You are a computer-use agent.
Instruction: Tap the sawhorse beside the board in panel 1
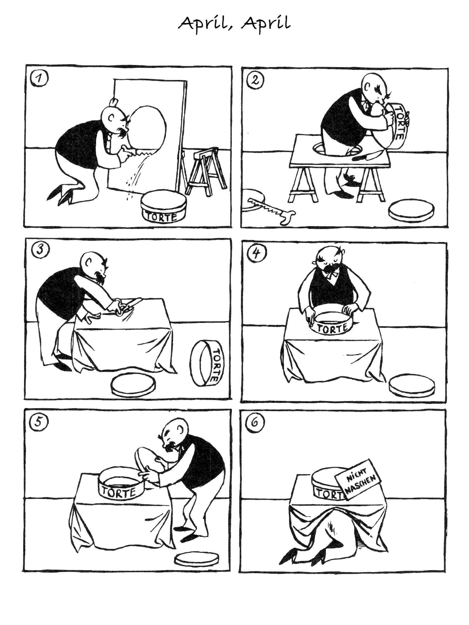pyautogui.click(x=206, y=171)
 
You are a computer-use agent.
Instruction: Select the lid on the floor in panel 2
pyautogui.click(x=410, y=210)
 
